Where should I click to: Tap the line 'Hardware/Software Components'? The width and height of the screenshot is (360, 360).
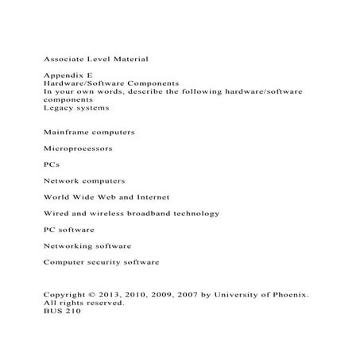coord(110,83)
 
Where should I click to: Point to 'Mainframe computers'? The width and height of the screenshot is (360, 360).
coord(89,131)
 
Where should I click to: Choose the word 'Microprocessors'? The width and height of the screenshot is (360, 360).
coord(78,148)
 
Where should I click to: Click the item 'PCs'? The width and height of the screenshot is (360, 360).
coord(52,165)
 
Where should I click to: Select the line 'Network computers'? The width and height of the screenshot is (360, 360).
coord(84,180)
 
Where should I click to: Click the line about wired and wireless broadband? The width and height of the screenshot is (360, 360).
coord(131,213)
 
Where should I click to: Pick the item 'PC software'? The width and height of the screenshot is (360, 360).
coord(69,229)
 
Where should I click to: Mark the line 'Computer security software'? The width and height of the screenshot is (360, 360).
coord(102,261)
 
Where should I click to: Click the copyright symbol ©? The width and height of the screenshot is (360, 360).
coord(91,295)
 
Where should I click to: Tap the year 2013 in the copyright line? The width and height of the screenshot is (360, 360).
coord(108,295)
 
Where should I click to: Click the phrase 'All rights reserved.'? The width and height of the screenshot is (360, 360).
coord(83,303)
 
